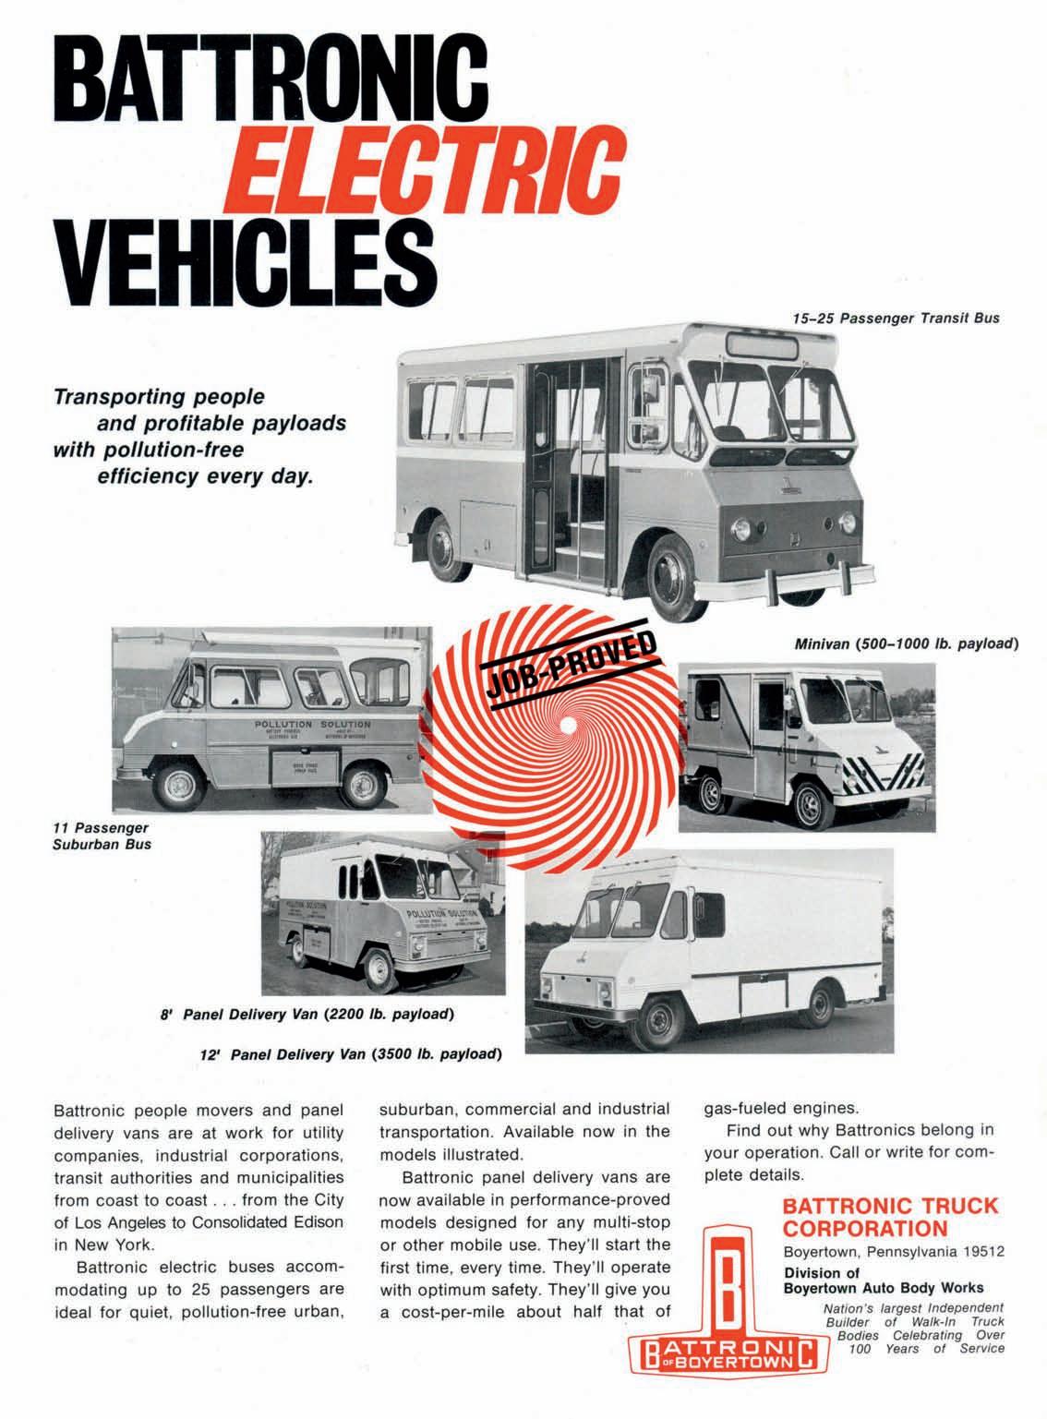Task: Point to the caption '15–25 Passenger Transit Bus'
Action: (x=896, y=318)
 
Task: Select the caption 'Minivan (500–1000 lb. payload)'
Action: (x=906, y=643)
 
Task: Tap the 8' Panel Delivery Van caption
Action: (x=305, y=1014)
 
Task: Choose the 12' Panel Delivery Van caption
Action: (x=351, y=1053)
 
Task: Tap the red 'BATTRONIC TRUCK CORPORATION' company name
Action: (x=889, y=1216)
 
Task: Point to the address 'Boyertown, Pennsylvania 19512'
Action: (x=893, y=1252)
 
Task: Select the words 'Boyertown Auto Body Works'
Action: (x=883, y=1287)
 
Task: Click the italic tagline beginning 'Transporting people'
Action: (x=199, y=437)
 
